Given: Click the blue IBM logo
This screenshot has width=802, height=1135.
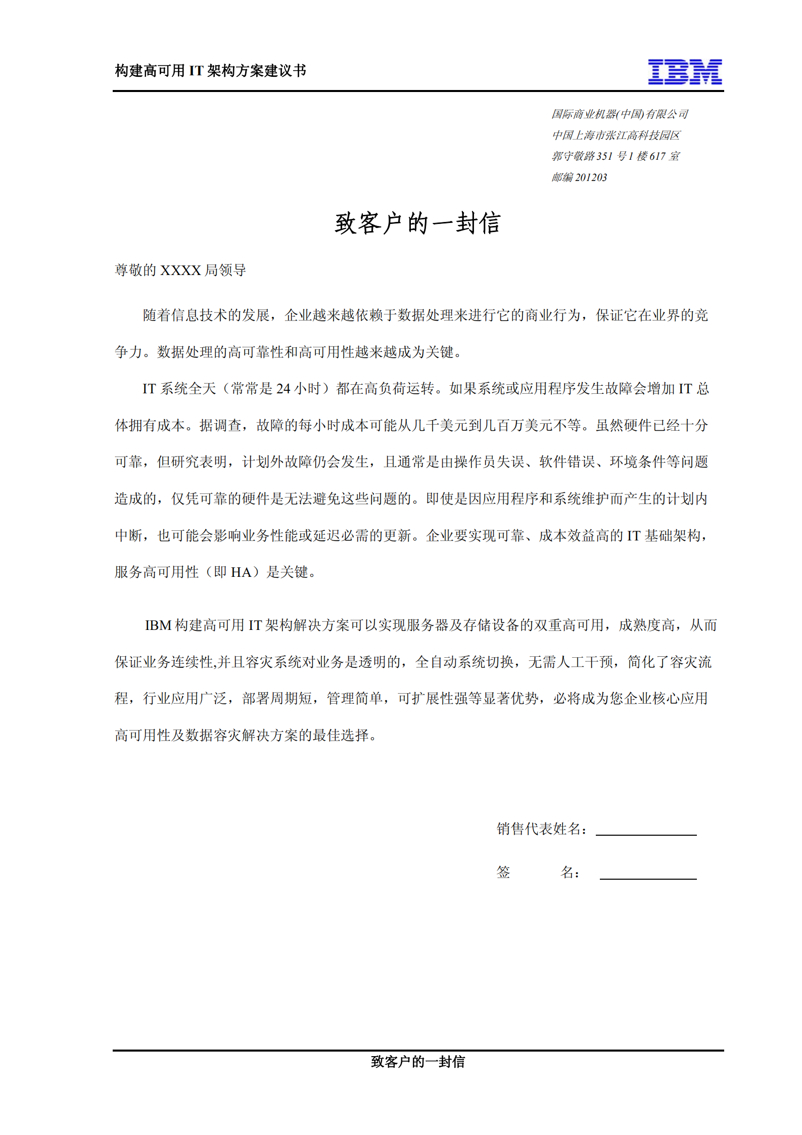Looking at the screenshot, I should tap(685, 72).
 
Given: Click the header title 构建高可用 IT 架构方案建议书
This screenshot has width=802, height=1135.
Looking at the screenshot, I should tap(210, 71).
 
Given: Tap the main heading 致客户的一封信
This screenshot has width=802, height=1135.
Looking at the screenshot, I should tap(417, 223).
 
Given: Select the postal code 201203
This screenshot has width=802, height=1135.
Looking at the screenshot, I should tap(591, 177).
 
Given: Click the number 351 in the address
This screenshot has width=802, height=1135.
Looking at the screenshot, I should tap(604, 156).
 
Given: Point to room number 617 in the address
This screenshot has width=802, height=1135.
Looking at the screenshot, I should tap(657, 156).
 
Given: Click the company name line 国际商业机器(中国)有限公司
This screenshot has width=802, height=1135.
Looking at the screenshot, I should tap(619, 114).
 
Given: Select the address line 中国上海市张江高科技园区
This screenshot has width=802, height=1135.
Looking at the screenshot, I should tap(616, 135).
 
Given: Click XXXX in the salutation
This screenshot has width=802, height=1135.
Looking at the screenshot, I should tap(180, 270).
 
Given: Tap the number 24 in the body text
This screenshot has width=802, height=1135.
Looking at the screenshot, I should tap(283, 389).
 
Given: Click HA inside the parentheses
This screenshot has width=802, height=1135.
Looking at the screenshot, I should tap(241, 572).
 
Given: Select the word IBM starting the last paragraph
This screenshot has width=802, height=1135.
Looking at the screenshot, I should tap(158, 626).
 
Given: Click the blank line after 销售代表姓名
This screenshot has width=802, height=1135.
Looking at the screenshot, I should tap(646, 832).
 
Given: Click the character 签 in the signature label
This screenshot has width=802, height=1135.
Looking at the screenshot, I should tap(503, 872).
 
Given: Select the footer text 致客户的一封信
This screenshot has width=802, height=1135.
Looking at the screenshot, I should tap(417, 1062).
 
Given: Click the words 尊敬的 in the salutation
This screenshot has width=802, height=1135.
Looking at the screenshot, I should tap(136, 270).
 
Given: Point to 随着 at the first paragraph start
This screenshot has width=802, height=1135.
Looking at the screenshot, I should tap(157, 315).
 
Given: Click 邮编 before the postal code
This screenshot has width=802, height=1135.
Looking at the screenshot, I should tap(562, 177).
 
